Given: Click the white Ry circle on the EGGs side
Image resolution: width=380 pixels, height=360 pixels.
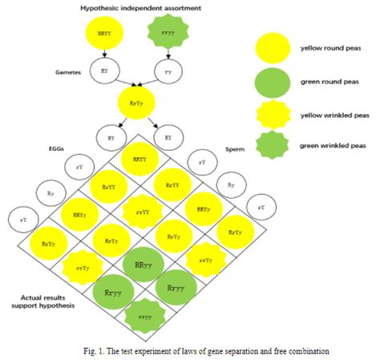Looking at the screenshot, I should tap(51, 192).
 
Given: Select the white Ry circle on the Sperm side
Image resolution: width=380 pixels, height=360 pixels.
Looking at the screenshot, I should tap(231, 185).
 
